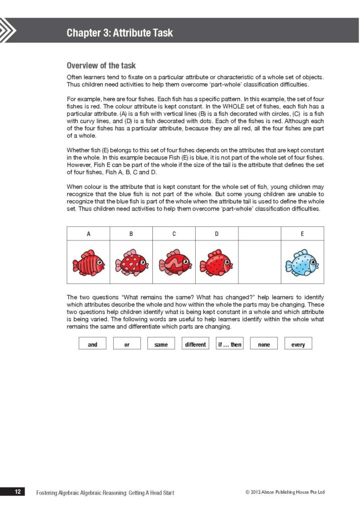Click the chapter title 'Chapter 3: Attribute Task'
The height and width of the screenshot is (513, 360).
click(x=120, y=33)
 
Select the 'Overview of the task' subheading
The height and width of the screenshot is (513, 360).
click(x=101, y=66)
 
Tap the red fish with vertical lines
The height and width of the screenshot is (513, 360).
click(x=88, y=262)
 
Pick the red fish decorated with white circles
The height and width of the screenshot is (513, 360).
click(x=131, y=262)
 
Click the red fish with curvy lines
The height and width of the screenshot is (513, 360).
click(x=174, y=262)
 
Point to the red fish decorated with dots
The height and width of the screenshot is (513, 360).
click(x=216, y=262)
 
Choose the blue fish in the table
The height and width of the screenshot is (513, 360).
click(x=302, y=263)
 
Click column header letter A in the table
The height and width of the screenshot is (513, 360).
click(x=89, y=233)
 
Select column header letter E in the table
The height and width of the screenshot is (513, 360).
click(x=302, y=233)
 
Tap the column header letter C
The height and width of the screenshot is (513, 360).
click(x=174, y=233)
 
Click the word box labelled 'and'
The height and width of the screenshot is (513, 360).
click(x=93, y=344)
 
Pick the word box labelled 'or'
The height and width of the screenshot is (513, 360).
click(x=127, y=344)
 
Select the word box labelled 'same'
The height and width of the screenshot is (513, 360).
click(x=161, y=344)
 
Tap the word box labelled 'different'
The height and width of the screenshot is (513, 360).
click(x=195, y=344)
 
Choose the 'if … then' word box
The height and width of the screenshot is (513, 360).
click(x=229, y=344)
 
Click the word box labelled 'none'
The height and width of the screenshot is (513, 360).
click(x=263, y=344)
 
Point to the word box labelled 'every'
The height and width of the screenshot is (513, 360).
click(x=298, y=344)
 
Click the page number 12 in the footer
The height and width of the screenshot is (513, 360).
click(x=18, y=492)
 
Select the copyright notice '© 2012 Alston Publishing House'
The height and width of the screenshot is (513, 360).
click(x=285, y=492)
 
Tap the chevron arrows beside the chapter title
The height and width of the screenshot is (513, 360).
click(x=8, y=31)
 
